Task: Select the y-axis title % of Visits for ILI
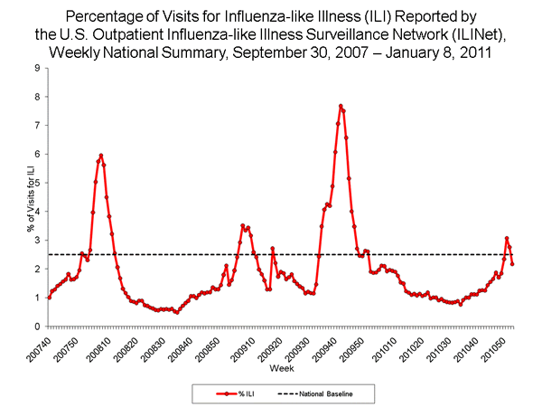(14, 197)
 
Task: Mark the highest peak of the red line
(341, 106)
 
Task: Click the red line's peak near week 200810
(101, 156)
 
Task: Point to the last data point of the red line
(513, 264)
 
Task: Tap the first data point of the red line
(48, 298)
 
